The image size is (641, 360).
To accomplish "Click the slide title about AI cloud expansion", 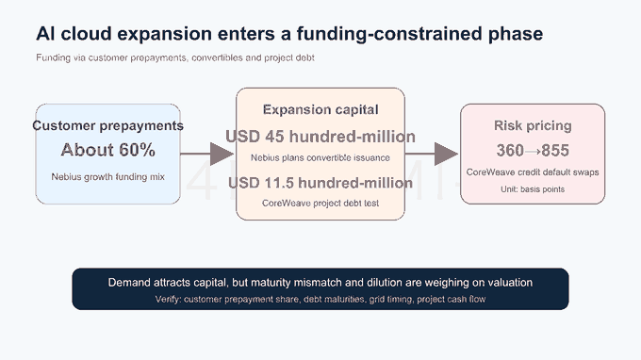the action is pyautogui.click(x=289, y=34).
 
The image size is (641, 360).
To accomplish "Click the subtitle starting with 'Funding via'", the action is pyautogui.click(x=175, y=57).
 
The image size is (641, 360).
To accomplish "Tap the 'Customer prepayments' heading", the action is pyautogui.click(x=107, y=125).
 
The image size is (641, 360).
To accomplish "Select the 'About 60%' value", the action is pyautogui.click(x=107, y=150).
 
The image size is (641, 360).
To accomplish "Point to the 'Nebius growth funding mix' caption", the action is pyautogui.click(x=107, y=176).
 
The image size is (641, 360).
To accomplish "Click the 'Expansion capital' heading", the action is pyautogui.click(x=320, y=109).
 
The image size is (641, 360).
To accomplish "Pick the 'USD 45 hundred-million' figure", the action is pyautogui.click(x=320, y=137).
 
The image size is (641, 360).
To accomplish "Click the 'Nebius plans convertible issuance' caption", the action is pyautogui.click(x=320, y=157).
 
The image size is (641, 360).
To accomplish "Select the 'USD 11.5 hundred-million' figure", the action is pyautogui.click(x=320, y=183).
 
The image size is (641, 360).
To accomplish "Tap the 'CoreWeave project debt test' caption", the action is pyautogui.click(x=320, y=203).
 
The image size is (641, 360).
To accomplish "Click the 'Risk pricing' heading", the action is pyautogui.click(x=533, y=125).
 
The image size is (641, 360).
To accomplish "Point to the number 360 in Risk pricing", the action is pyautogui.click(x=510, y=151).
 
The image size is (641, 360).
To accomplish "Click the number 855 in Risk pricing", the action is pyautogui.click(x=555, y=151).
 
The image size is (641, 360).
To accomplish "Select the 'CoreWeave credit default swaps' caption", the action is pyautogui.click(x=533, y=172).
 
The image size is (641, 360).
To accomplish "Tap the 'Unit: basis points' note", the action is pyautogui.click(x=533, y=189).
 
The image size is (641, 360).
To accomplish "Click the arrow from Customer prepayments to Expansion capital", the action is pyautogui.click(x=207, y=154).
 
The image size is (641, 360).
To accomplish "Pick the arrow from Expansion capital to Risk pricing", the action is pyautogui.click(x=432, y=154).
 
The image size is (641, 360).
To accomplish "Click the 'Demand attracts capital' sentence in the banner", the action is pyautogui.click(x=320, y=283).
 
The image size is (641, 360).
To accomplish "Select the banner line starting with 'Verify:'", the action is pyautogui.click(x=320, y=299).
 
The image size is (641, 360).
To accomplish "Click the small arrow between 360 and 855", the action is pyautogui.click(x=533, y=151).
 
